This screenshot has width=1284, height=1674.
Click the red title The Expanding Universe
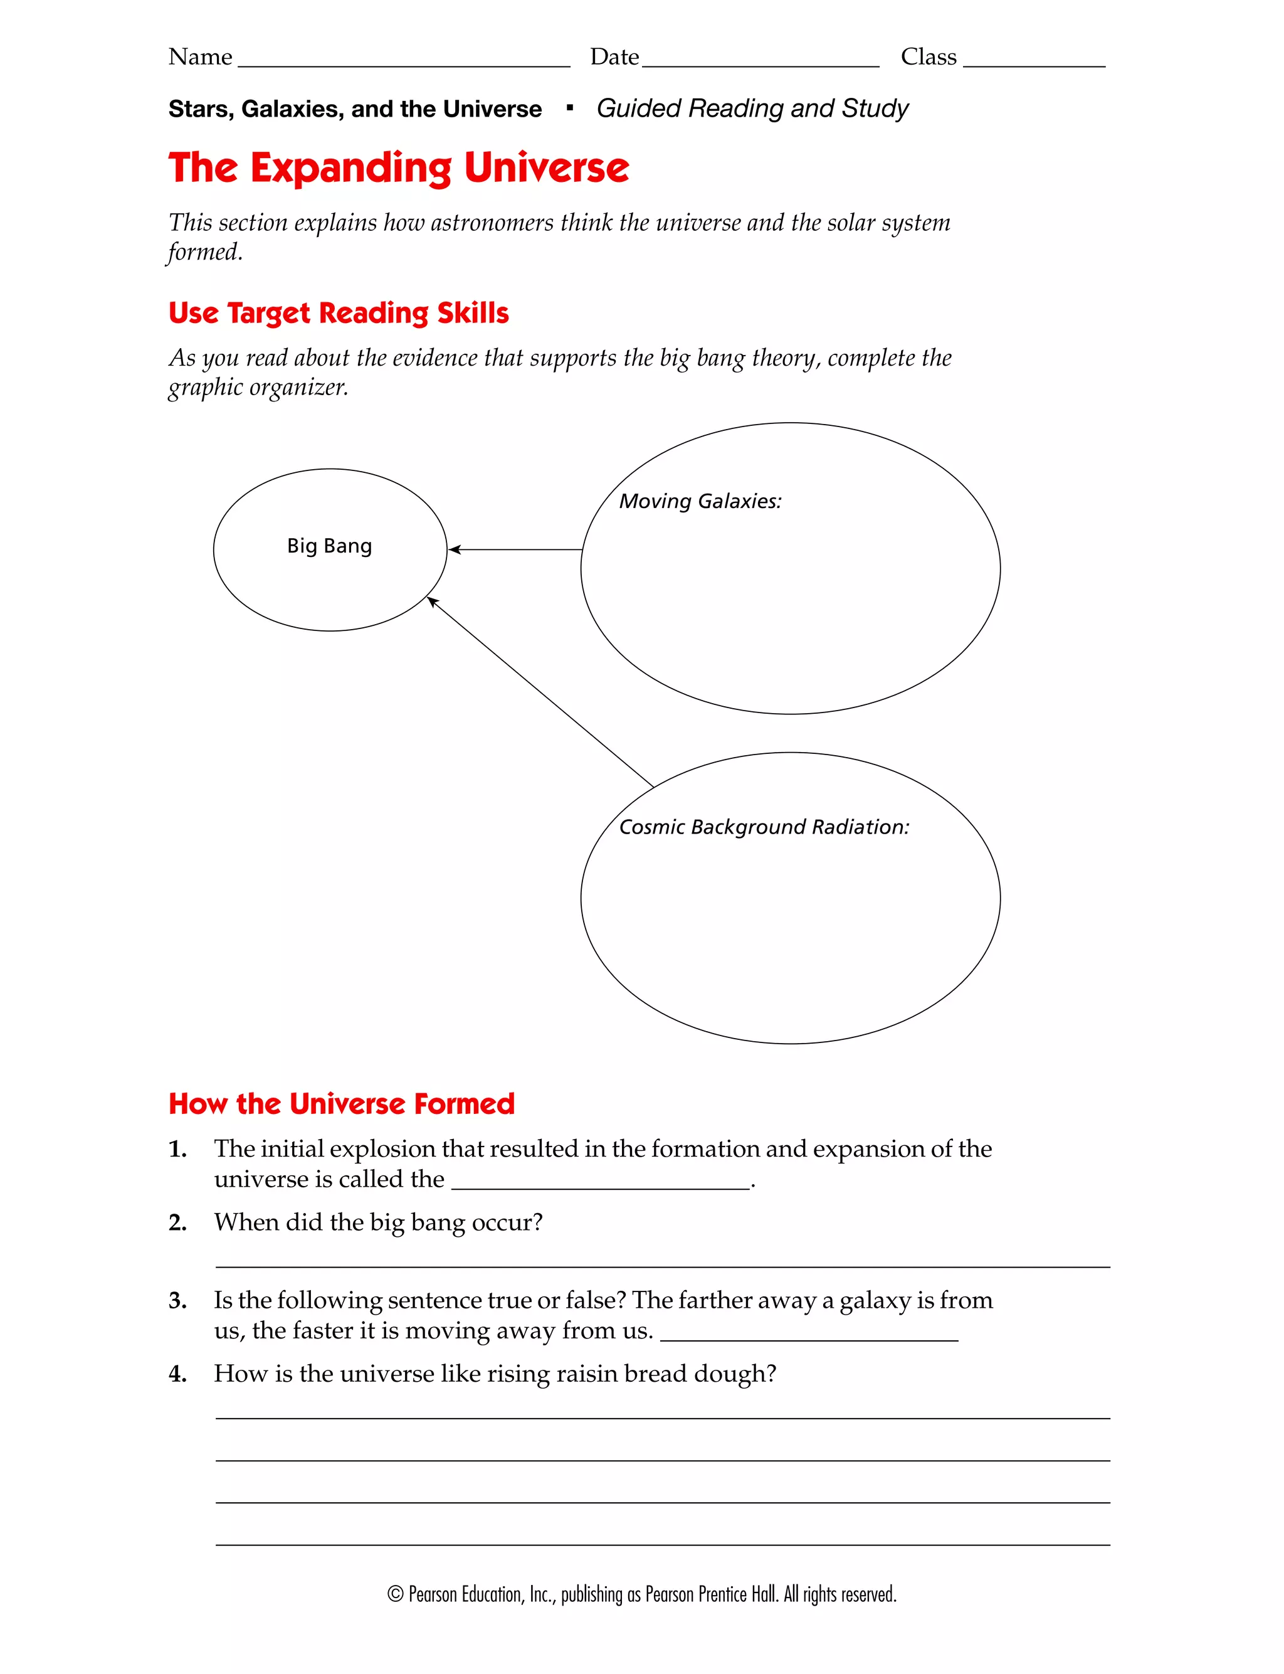click(x=398, y=167)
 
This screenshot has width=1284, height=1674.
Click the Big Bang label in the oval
click(x=329, y=546)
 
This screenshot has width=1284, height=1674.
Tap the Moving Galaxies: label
click(x=700, y=501)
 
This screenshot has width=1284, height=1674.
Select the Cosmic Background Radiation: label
click(x=764, y=827)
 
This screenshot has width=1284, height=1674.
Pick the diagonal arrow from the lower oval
click(x=539, y=691)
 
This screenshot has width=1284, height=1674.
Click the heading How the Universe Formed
click(x=342, y=1104)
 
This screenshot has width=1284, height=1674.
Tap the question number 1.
click(x=177, y=1149)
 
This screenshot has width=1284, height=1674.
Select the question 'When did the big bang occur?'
click(x=378, y=1222)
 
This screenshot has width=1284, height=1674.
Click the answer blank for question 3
click(x=808, y=1335)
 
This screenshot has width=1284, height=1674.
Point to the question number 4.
click(x=177, y=1374)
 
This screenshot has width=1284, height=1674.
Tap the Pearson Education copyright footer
click(x=641, y=1594)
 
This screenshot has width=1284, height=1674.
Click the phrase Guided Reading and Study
click(x=752, y=109)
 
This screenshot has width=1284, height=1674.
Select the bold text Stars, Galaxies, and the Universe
click(x=355, y=109)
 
